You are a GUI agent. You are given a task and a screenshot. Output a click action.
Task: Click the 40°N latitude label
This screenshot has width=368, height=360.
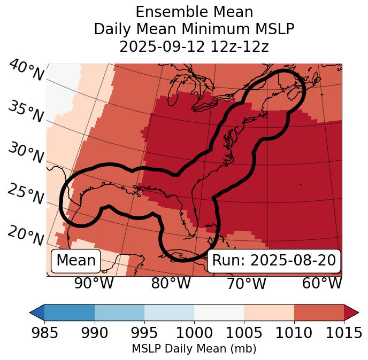26,71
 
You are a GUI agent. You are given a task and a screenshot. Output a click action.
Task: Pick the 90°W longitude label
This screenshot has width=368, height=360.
94,283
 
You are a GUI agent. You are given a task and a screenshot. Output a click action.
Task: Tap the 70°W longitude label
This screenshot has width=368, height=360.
247,283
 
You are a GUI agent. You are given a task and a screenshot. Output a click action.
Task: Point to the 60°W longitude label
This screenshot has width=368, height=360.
322,283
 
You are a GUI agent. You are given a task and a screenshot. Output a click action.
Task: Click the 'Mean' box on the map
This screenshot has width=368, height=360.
76,261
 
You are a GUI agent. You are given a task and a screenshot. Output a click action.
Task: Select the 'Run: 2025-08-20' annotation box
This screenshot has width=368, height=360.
274,261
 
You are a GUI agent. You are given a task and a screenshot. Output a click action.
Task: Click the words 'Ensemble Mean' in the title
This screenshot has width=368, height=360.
194,12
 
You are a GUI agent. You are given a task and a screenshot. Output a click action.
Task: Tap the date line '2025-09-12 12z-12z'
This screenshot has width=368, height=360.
194,46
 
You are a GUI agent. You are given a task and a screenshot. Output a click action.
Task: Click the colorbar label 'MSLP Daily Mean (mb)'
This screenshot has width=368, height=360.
194,349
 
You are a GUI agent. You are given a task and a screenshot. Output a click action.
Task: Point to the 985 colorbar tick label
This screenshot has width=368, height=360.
44,333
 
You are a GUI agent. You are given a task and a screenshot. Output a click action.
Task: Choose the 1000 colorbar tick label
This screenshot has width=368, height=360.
194,333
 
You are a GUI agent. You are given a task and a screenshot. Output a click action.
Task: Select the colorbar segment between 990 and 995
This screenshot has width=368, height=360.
119,312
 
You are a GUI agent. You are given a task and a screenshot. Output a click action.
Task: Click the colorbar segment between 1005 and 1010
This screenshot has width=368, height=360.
269,312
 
